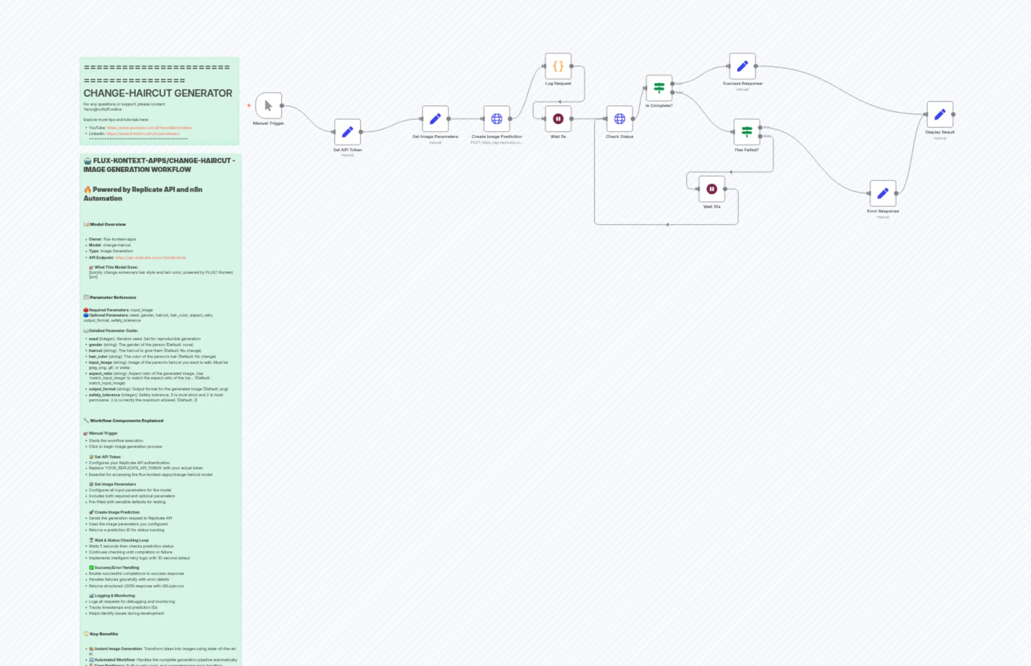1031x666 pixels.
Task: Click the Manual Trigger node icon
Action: [x=268, y=106]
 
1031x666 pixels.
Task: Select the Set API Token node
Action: [x=347, y=132]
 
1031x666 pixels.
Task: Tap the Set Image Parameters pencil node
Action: [x=435, y=118]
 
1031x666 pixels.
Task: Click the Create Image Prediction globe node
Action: [x=496, y=118]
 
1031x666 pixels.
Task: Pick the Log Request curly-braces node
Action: [x=558, y=66]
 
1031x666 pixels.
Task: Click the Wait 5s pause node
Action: [x=558, y=118]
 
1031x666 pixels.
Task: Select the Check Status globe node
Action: [x=619, y=118]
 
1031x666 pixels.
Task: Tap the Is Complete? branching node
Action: [x=659, y=88]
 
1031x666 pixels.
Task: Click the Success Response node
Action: [x=742, y=66]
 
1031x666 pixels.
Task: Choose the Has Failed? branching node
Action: [x=746, y=132]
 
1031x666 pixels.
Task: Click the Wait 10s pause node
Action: [x=711, y=189]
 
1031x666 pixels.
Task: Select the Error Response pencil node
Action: [x=883, y=193]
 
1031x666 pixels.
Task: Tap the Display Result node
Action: [x=940, y=114]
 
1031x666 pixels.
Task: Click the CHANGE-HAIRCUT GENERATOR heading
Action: [x=158, y=93]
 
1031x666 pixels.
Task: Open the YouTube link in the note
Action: [x=149, y=128]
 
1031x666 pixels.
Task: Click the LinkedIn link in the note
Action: [x=143, y=134]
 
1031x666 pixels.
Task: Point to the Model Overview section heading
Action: [x=108, y=224]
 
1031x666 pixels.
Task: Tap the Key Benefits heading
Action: [x=104, y=634]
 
